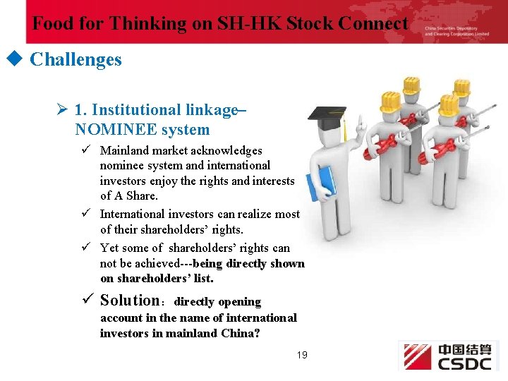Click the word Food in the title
(x=53, y=24)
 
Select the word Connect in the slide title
(x=373, y=24)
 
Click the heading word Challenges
(x=75, y=59)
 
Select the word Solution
(x=130, y=301)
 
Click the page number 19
(x=302, y=355)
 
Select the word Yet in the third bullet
(x=109, y=248)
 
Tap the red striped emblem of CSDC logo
(x=416, y=356)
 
